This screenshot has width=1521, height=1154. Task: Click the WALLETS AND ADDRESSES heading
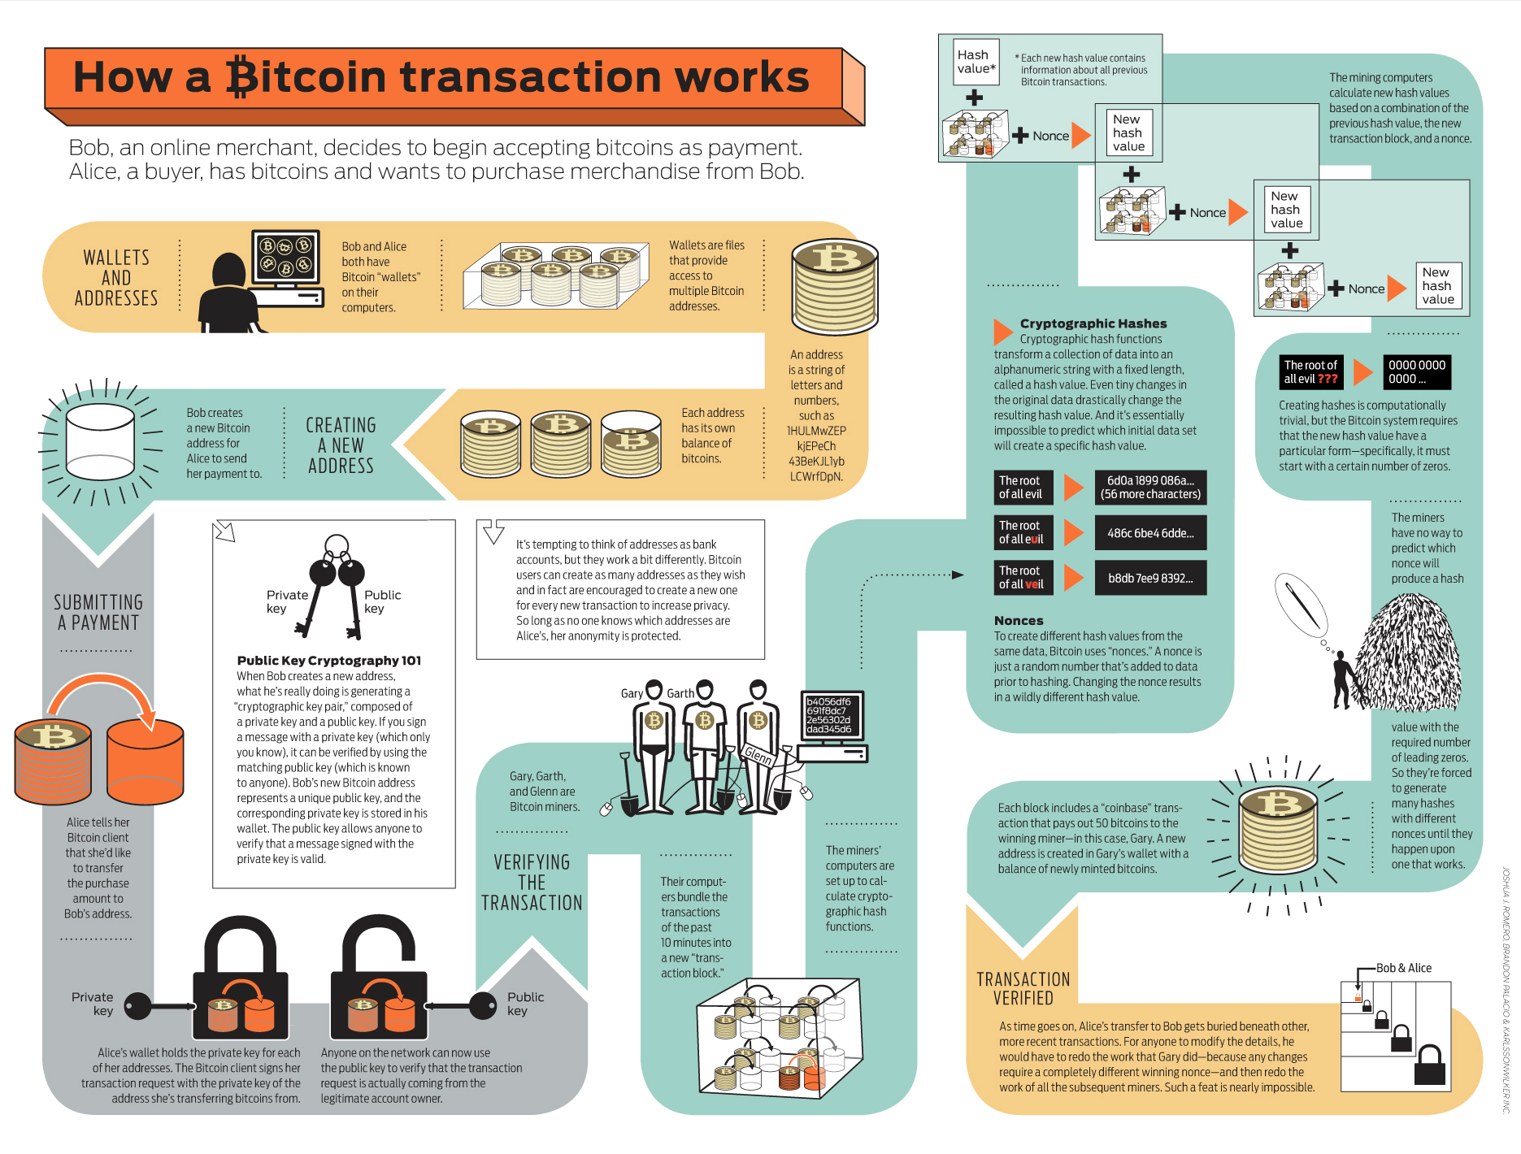click(116, 278)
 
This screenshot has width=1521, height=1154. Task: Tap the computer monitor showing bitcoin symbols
click(285, 256)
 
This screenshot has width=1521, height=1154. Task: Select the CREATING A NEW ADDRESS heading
click(341, 445)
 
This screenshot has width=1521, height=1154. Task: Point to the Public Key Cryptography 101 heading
click(328, 661)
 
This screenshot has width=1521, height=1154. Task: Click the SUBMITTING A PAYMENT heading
click(98, 613)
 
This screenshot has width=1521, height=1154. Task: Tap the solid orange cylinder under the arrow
click(146, 761)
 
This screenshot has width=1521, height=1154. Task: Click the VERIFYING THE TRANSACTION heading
click(532, 883)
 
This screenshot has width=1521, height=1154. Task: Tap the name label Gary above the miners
click(632, 693)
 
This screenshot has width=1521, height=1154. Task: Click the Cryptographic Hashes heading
click(1093, 323)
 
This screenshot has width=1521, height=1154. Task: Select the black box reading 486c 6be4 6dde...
click(1150, 533)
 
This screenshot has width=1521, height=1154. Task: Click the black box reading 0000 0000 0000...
click(1416, 372)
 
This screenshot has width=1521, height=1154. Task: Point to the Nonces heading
click(1019, 620)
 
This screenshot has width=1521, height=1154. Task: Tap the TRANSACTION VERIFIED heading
click(1023, 988)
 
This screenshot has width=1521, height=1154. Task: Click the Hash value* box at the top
click(976, 63)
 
